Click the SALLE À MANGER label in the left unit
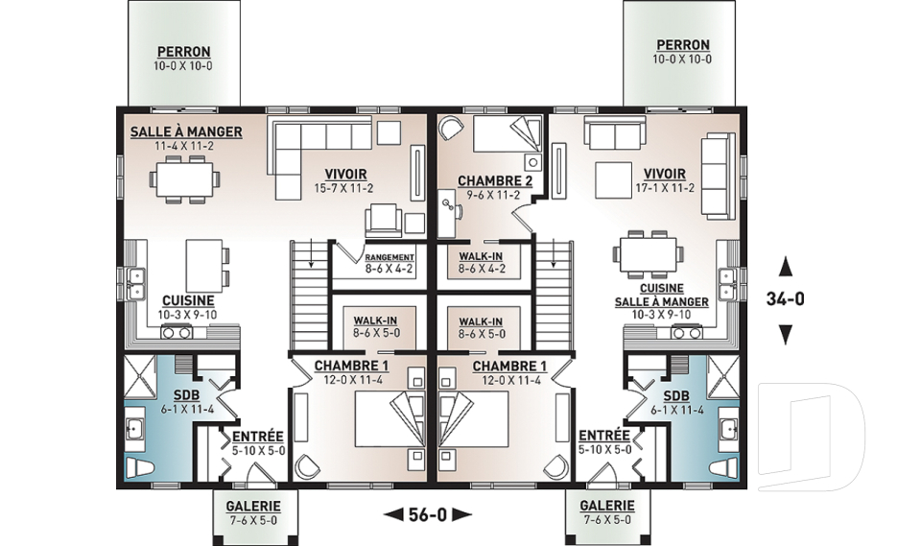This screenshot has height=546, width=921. click(186, 131)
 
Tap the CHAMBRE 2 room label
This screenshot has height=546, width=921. click(495, 181)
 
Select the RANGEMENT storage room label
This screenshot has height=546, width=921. click(390, 257)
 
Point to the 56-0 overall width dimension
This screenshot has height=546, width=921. click(428, 515)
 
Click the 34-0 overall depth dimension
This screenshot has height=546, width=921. click(785, 299)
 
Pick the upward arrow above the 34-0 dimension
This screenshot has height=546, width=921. click(786, 267)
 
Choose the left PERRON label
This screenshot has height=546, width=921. click(183, 52)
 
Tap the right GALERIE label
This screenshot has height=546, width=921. click(606, 506)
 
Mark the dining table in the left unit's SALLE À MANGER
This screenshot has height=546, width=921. click(185, 179)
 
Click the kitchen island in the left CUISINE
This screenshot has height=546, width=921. click(203, 265)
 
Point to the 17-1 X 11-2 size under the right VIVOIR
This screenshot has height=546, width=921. click(665, 188)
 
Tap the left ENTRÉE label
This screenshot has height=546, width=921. click(258, 437)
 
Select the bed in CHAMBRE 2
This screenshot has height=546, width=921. click(508, 135)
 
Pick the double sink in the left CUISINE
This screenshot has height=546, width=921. click(135, 283)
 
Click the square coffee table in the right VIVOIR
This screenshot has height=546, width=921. click(614, 179)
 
